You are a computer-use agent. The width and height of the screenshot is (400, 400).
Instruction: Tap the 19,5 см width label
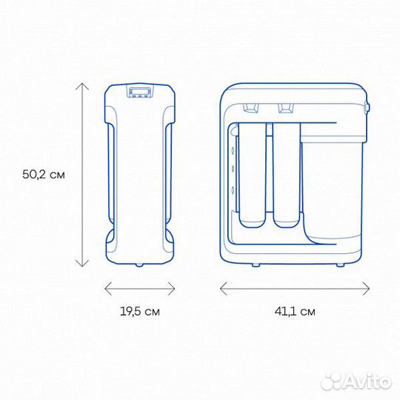pos(139,312)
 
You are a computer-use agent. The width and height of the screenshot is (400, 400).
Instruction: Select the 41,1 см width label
pos(294,312)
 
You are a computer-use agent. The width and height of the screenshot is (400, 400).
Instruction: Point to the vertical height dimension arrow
pos(81,176)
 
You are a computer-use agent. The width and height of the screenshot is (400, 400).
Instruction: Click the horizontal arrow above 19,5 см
pos(139,287)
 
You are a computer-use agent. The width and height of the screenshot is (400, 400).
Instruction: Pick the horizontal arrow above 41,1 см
pos(294,287)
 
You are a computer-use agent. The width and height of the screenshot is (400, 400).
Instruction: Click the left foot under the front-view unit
pos(256,264)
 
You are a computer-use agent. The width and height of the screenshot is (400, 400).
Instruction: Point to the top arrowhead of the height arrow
pos(81,86)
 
